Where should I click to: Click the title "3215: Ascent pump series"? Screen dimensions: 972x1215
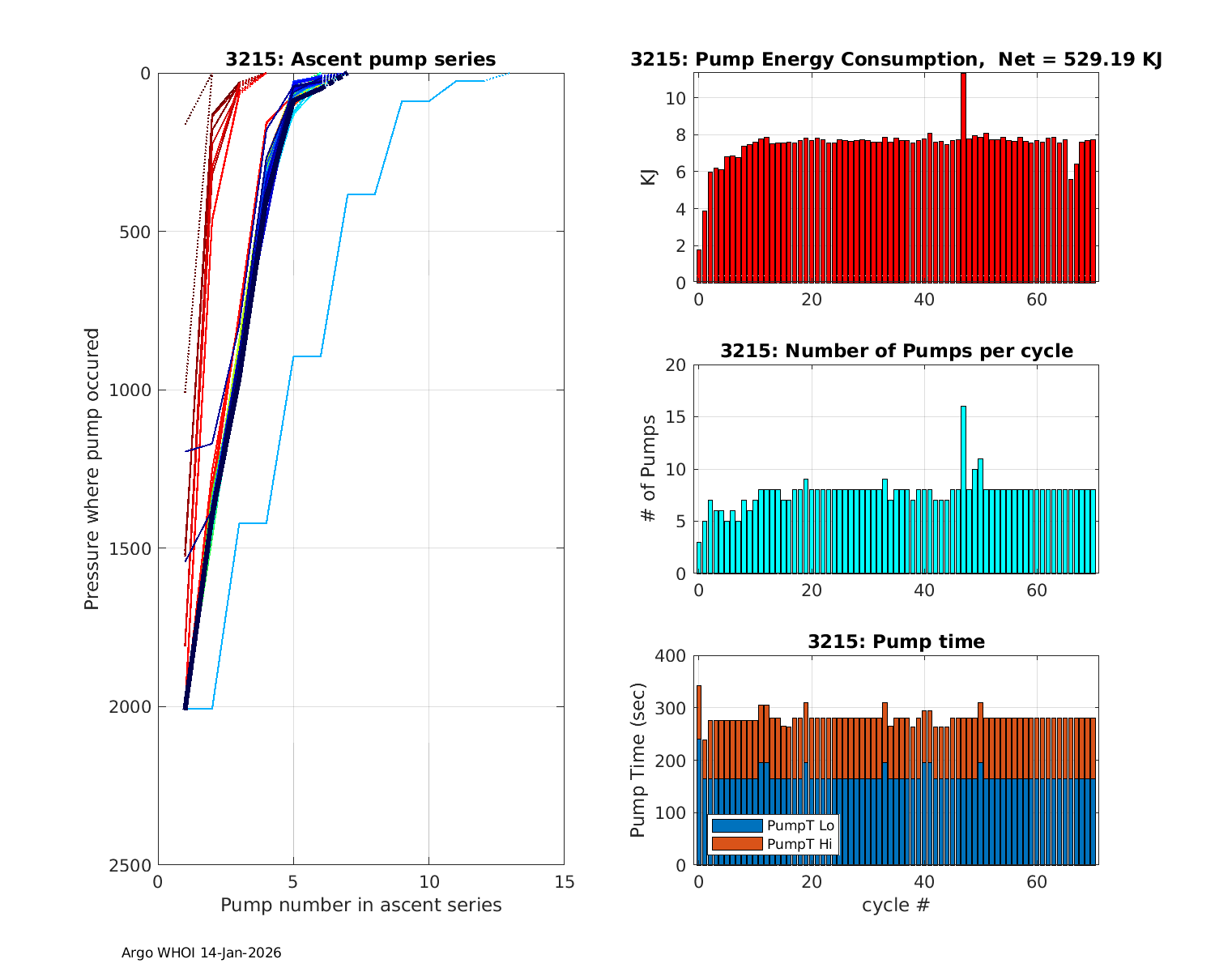[360, 59]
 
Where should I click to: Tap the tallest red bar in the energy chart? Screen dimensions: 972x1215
[963, 178]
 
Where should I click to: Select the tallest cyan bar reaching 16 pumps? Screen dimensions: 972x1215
[963, 489]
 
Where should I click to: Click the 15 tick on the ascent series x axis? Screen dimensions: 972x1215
[565, 882]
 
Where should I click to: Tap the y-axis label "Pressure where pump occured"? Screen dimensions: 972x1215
[92, 468]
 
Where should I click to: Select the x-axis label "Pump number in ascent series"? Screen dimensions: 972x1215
[360, 905]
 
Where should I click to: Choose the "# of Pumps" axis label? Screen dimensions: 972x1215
[649, 468]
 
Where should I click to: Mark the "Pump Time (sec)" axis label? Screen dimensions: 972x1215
[638, 760]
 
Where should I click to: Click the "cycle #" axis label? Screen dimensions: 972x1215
[896, 905]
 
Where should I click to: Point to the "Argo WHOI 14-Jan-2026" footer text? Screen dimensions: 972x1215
[201, 953]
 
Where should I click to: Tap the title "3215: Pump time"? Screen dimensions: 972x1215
[896, 642]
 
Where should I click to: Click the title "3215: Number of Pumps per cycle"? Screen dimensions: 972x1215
[896, 351]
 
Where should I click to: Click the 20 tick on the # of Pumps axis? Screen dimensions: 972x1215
[676, 365]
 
